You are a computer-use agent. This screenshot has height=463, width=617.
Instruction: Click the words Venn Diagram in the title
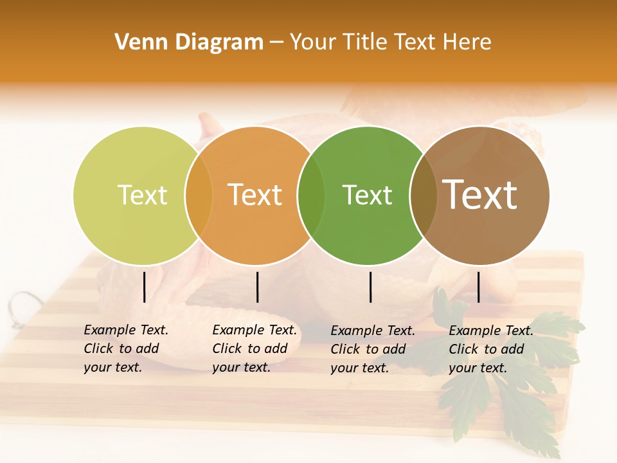[x=189, y=42]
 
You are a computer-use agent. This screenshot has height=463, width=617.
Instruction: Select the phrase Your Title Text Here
[x=390, y=42]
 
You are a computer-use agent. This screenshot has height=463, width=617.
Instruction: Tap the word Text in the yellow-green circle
[x=142, y=195]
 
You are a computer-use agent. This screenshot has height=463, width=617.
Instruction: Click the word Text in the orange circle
[x=255, y=195]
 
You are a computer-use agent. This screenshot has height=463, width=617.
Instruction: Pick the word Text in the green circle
[x=367, y=195]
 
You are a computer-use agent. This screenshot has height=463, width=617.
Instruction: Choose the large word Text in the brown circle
[x=480, y=195]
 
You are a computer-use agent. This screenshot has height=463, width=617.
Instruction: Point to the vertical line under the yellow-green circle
[x=145, y=287]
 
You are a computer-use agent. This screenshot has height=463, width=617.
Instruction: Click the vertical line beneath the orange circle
[x=257, y=287]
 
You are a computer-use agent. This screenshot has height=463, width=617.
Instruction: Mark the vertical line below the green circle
[x=371, y=287]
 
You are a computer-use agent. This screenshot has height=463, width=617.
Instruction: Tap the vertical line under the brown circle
[x=478, y=287]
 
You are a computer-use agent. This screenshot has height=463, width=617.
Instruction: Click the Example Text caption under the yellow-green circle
[x=125, y=349]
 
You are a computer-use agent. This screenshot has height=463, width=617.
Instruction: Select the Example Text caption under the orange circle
[x=254, y=349]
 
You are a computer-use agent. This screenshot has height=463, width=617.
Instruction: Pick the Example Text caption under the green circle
[x=372, y=349]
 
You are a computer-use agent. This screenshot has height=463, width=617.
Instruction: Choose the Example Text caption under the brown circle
[x=490, y=349]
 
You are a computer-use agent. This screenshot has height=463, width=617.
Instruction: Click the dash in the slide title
[x=276, y=42]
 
